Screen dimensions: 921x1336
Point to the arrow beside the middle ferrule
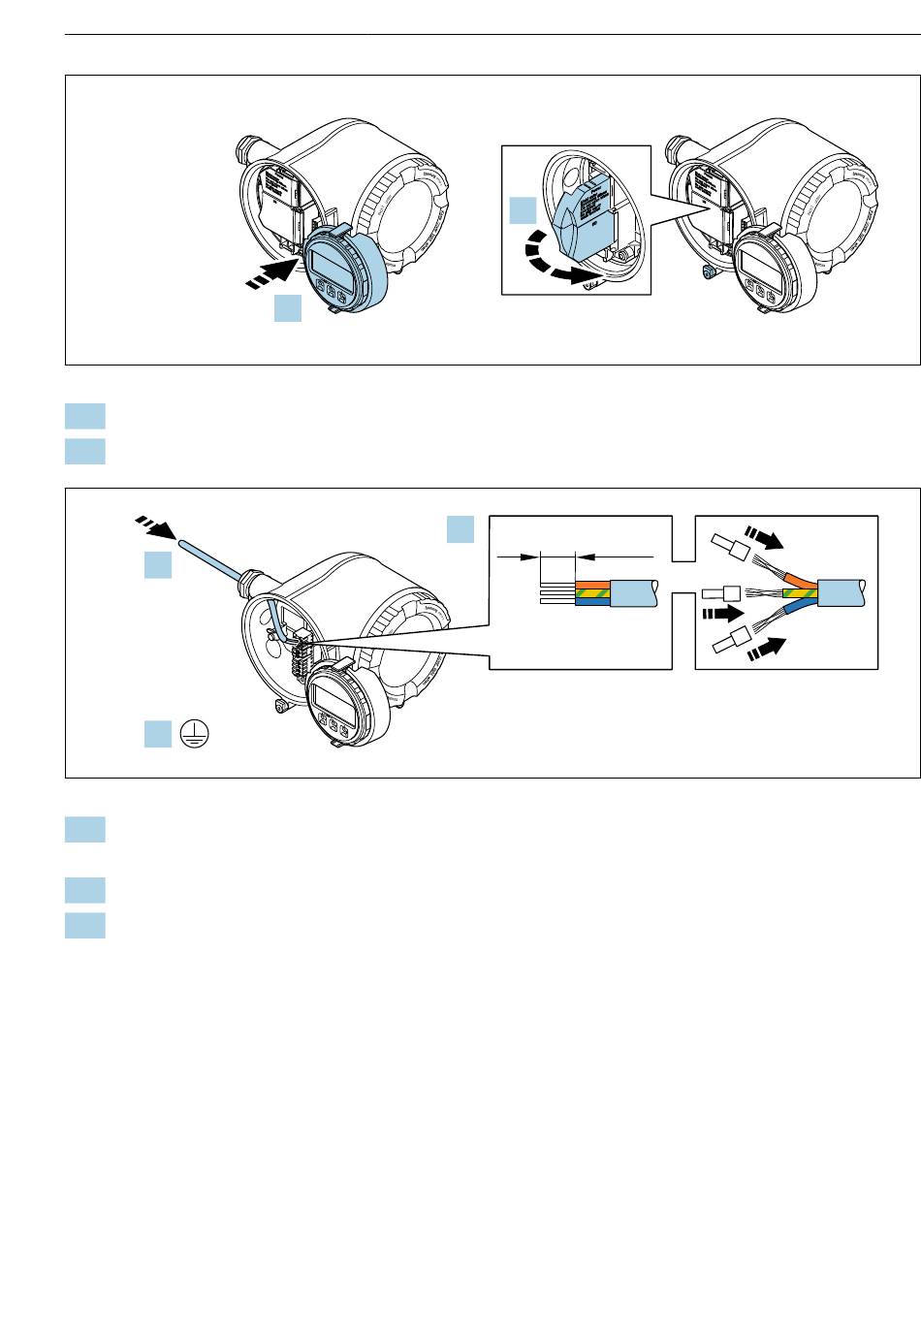pos(721,613)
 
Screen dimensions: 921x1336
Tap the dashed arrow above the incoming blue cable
pos(154,526)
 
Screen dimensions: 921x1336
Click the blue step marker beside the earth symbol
pos(158,734)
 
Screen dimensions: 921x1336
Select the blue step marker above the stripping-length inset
pos(460,529)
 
